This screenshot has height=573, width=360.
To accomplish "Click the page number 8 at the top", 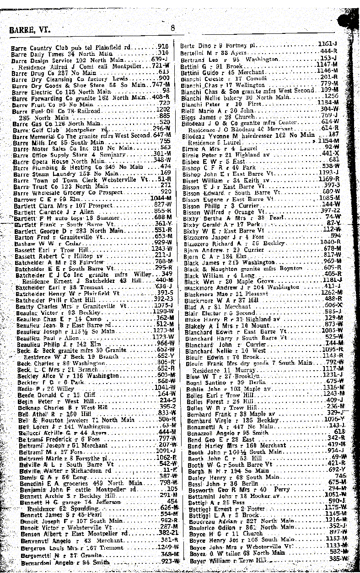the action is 172,27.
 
